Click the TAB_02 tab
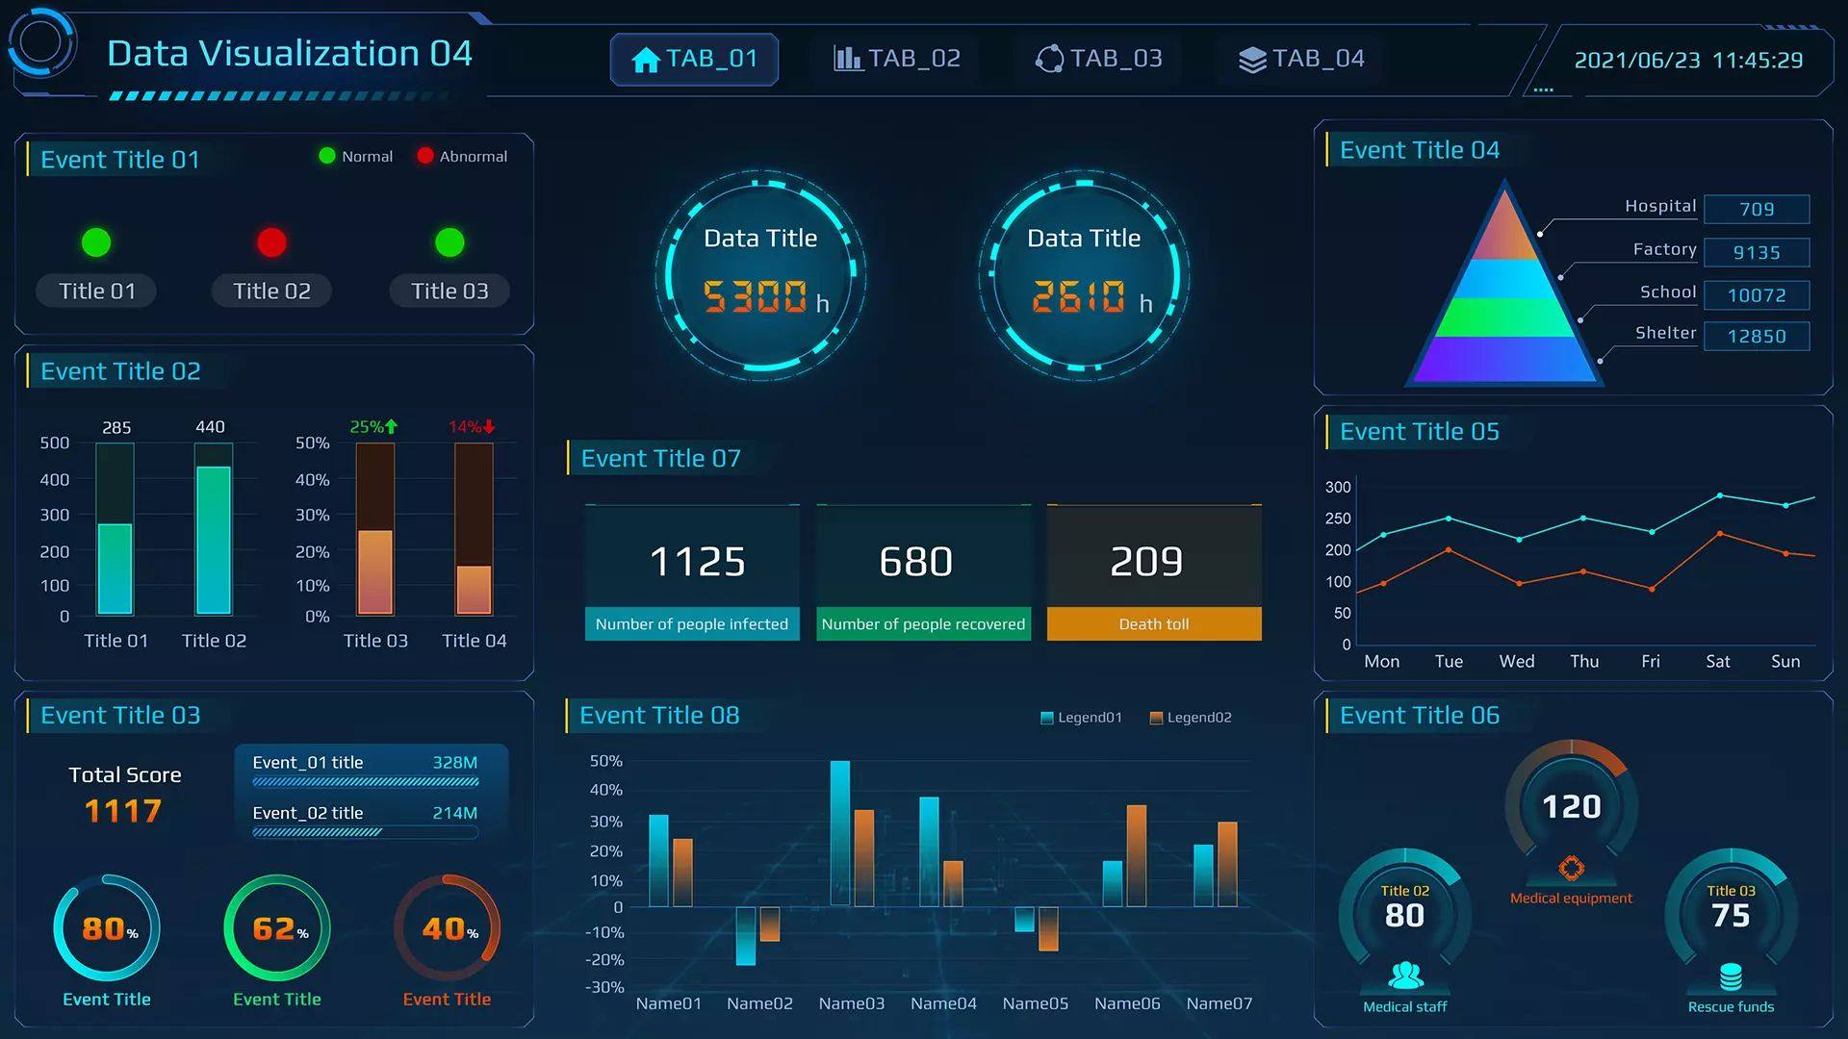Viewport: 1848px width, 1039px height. point(897,59)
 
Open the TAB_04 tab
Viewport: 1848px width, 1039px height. point(1301,59)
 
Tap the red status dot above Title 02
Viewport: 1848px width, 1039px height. point(271,242)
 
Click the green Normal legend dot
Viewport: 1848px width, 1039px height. point(327,156)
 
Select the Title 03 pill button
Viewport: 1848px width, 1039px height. point(449,291)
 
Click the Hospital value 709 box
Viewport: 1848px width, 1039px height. point(1757,209)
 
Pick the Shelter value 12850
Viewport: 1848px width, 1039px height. point(1757,336)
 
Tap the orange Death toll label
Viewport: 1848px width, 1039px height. point(1153,623)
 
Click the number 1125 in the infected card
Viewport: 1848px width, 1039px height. point(697,561)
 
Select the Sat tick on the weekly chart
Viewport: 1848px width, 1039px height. point(1717,661)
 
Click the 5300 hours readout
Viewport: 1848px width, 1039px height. point(757,296)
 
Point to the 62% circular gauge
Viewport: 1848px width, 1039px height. point(277,928)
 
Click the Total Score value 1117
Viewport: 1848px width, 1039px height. point(123,811)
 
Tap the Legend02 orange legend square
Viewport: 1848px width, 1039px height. point(1156,718)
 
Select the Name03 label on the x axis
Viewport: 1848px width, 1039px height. point(851,1003)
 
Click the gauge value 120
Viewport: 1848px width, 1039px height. point(1571,806)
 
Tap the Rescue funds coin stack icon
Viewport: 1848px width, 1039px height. point(1731,977)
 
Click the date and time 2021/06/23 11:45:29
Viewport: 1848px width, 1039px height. point(1688,60)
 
